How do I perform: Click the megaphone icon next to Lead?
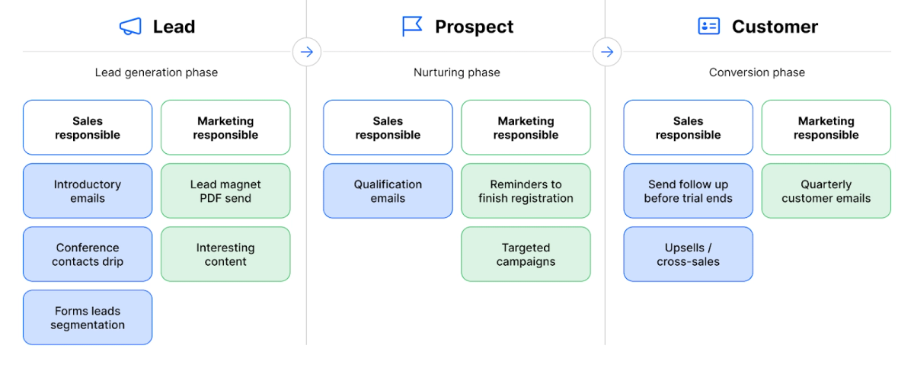click(x=130, y=27)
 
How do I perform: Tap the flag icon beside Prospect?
click(x=412, y=26)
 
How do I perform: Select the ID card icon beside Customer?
click(x=709, y=26)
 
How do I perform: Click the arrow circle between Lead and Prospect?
click(x=307, y=52)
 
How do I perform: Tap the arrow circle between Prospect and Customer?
click(x=607, y=52)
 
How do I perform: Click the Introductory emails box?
click(x=88, y=191)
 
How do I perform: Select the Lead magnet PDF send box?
click(x=225, y=191)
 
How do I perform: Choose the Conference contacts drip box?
click(x=88, y=254)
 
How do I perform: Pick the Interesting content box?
click(x=225, y=254)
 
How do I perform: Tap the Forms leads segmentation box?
click(x=88, y=318)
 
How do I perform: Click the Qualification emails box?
click(x=388, y=191)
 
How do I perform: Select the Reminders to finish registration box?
click(x=526, y=191)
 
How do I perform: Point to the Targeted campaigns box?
click(x=526, y=254)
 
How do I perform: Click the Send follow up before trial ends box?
click(x=689, y=191)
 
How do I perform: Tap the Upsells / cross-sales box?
click(x=689, y=254)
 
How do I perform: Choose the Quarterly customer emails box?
click(x=826, y=191)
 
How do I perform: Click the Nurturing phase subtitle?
click(x=456, y=72)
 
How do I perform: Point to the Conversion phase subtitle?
click(x=757, y=72)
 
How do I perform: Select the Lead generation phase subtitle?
click(x=156, y=72)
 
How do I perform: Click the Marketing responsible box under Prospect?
click(x=526, y=128)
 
